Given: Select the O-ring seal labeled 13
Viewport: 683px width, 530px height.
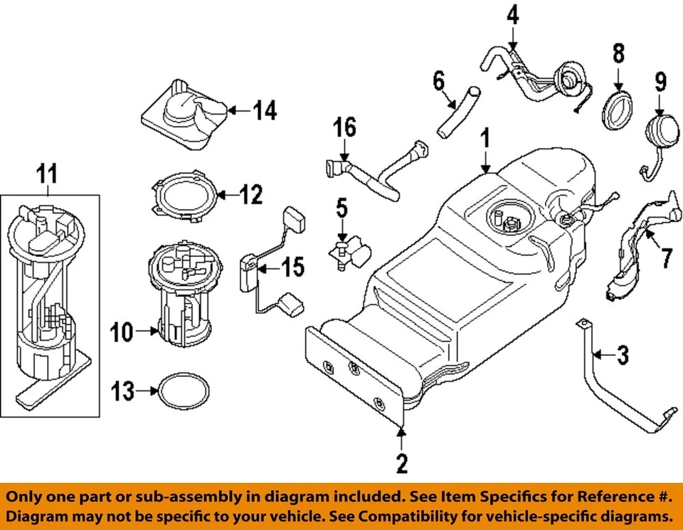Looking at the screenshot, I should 184,391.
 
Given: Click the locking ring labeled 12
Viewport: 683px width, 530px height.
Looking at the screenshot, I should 184,194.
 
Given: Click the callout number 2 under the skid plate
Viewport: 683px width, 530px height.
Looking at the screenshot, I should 401,465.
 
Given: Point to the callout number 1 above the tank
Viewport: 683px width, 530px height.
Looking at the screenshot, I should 485,137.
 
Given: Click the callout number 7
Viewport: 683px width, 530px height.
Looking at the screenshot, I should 666,257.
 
